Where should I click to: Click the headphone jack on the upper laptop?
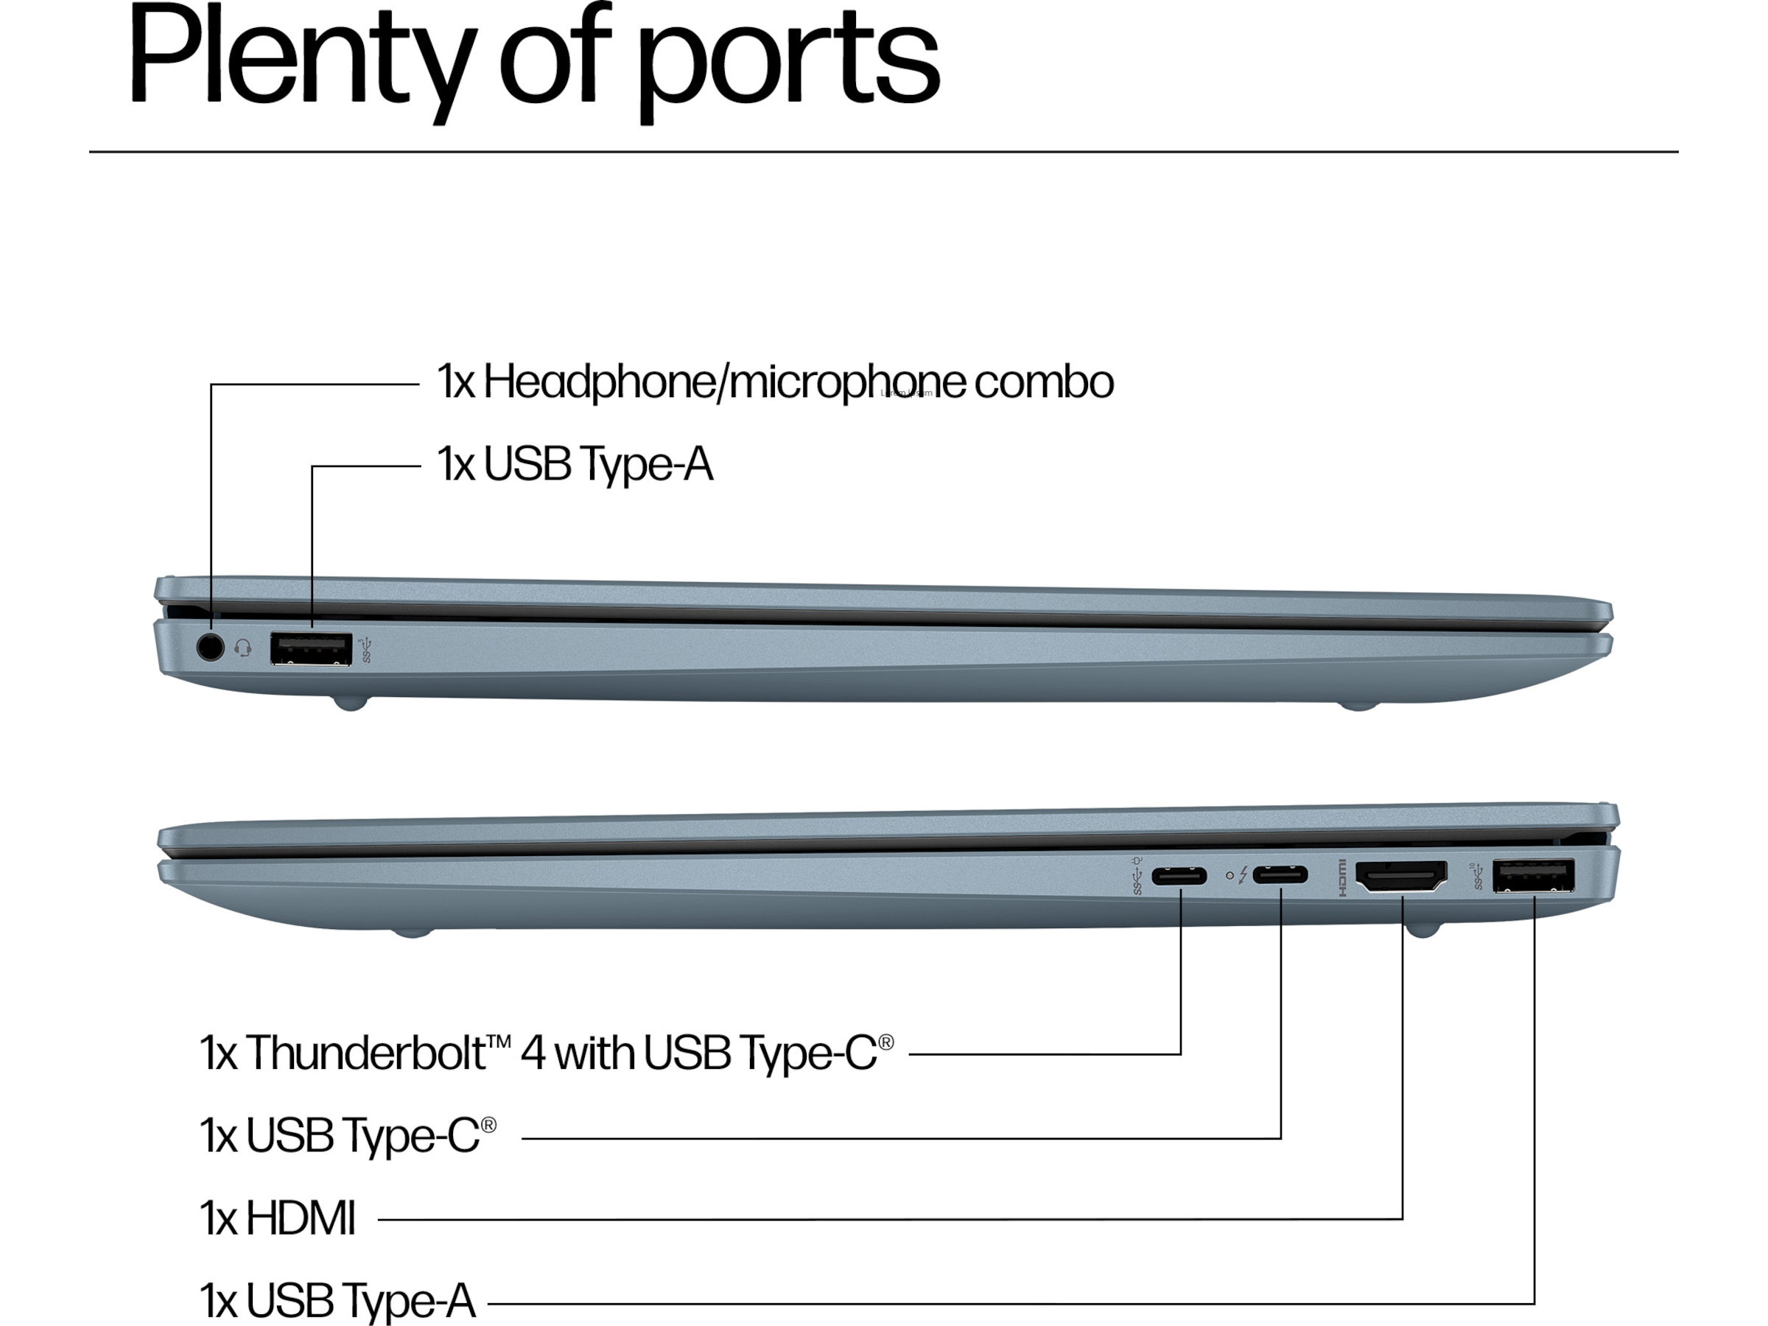tap(210, 647)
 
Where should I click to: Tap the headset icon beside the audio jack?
tap(243, 648)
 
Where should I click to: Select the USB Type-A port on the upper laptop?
tap(311, 648)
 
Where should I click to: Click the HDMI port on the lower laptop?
tap(1401, 877)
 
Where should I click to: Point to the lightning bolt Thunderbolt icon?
tap(1243, 876)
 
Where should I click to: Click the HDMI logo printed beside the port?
tap(1342, 877)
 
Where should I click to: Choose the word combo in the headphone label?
tap(1044, 382)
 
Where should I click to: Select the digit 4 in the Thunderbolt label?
tap(533, 1053)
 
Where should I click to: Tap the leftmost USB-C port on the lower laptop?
tap(1179, 876)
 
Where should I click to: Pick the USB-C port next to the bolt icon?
tap(1280, 875)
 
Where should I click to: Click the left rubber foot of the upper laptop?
tap(349, 704)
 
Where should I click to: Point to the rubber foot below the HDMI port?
tap(1423, 930)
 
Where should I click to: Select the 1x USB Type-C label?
tap(348, 1136)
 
